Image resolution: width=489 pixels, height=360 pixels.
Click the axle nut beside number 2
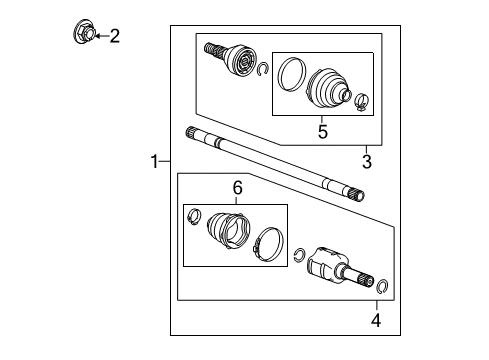(84, 35)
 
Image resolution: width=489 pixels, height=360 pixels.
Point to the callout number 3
(366, 161)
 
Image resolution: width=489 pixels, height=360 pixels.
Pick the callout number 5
(321, 131)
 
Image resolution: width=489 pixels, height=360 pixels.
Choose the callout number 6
(237, 187)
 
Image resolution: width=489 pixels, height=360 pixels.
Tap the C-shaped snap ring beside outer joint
(263, 70)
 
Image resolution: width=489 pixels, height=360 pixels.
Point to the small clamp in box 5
(361, 99)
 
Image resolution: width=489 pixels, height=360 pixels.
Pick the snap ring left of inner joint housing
(300, 253)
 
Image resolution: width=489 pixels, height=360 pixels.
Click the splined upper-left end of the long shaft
(194, 134)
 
